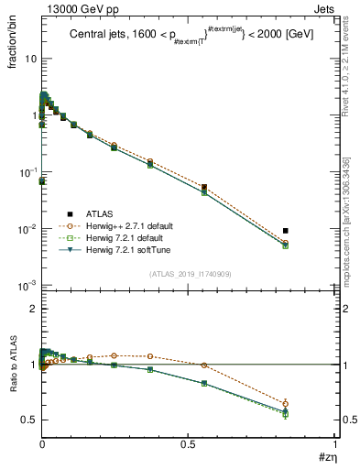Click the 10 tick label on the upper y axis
pyautogui.click(x=29, y=59)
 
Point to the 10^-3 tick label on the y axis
pyautogui.click(x=27, y=286)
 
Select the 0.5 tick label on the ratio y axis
pyautogui.click(x=29, y=420)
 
